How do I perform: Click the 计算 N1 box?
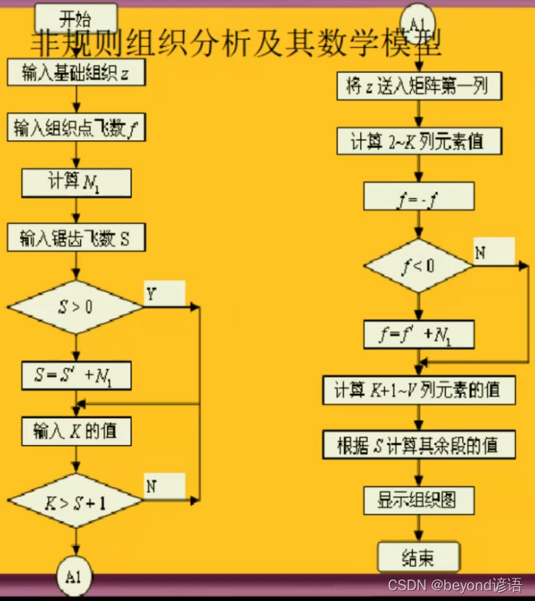pyautogui.click(x=76, y=183)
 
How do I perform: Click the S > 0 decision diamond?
pyautogui.click(x=75, y=306)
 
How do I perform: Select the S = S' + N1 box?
pyautogui.click(x=75, y=376)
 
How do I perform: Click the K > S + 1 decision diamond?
pyautogui.click(x=75, y=501)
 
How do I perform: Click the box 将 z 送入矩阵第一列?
pyautogui.click(x=418, y=85)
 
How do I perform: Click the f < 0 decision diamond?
pyautogui.click(x=418, y=266)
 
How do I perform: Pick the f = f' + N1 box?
pyautogui.click(x=418, y=334)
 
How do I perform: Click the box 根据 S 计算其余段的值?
pyautogui.click(x=418, y=444)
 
